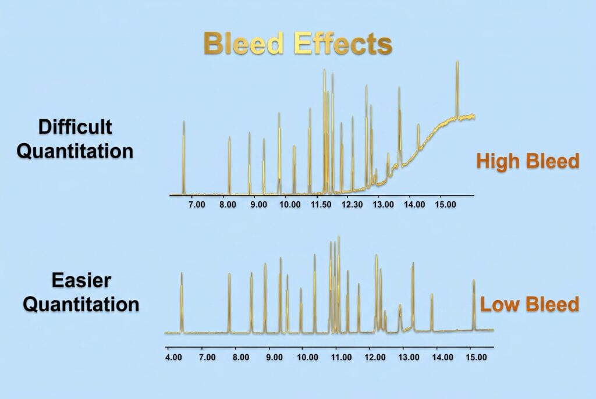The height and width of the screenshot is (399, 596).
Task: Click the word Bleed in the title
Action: (x=244, y=43)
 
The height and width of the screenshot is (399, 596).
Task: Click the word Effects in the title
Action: (x=343, y=43)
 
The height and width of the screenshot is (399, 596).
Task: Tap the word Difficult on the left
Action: (x=75, y=127)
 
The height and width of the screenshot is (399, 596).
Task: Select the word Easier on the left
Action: (x=81, y=281)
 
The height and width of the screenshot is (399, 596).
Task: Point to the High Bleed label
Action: (x=528, y=161)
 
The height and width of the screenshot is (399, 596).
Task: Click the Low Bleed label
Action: (x=530, y=305)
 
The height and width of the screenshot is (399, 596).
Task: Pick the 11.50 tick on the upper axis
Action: (x=321, y=204)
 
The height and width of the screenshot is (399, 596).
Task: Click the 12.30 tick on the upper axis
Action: (x=352, y=204)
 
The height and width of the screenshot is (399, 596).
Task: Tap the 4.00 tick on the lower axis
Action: (x=173, y=357)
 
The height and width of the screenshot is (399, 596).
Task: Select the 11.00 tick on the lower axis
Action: (x=341, y=357)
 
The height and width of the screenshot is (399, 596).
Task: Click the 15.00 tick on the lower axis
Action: (x=476, y=357)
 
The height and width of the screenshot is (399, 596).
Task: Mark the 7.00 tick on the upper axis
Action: (x=197, y=204)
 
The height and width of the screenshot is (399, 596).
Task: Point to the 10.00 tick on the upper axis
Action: (x=290, y=204)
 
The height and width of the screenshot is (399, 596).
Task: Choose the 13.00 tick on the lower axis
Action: (x=409, y=357)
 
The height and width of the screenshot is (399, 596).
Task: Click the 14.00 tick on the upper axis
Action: (x=414, y=204)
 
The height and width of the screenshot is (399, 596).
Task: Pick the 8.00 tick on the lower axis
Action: (x=241, y=357)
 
